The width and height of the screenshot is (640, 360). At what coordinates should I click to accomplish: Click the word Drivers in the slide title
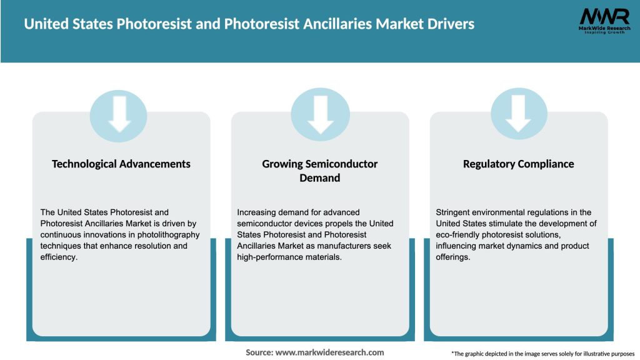(x=449, y=24)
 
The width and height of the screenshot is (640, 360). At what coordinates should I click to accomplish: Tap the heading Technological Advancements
(x=121, y=164)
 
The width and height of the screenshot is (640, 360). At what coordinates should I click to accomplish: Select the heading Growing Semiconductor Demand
(x=320, y=171)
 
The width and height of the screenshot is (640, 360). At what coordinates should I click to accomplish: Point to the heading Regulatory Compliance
(x=518, y=164)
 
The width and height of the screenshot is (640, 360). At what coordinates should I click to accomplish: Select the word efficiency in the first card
(x=59, y=257)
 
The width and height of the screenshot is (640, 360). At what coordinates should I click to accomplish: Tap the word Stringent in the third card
(x=455, y=212)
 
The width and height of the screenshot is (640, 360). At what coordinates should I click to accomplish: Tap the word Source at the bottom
(x=259, y=352)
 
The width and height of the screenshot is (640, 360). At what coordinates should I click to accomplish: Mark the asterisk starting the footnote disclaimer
(x=452, y=352)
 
